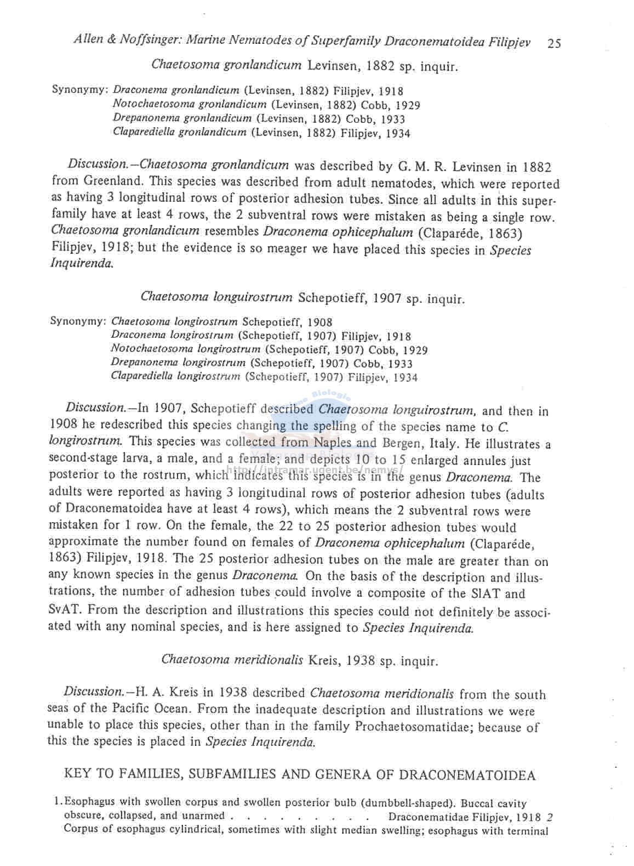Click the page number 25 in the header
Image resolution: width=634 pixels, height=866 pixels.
(554, 43)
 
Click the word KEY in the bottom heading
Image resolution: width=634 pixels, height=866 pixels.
(77, 774)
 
